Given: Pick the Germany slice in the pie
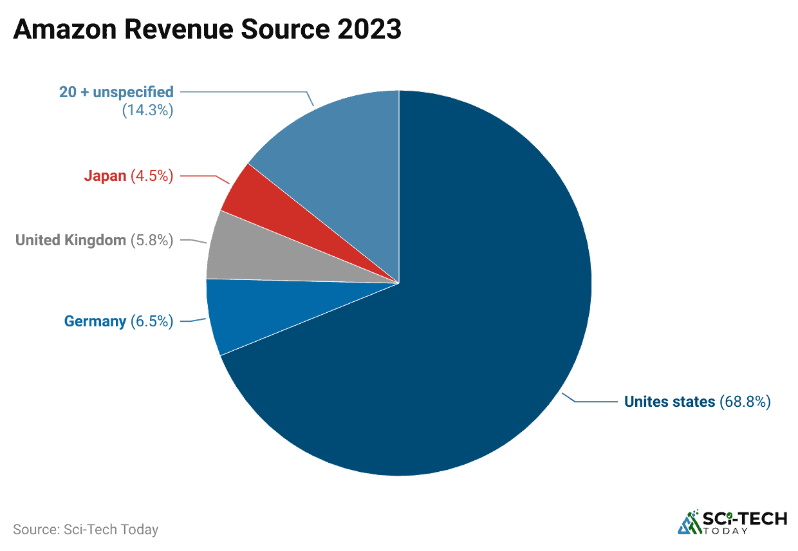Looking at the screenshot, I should tap(232, 315).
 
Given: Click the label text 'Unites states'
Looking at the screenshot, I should tap(669, 402).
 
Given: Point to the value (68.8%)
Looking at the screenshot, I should tap(745, 402).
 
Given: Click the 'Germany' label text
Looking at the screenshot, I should tap(95, 321).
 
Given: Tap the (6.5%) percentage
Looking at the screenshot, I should tap(152, 321).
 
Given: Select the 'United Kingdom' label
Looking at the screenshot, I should tap(71, 240).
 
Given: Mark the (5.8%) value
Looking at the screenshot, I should tap(152, 240).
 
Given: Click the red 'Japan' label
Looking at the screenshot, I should tap(105, 176).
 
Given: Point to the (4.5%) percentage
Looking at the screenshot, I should tap(152, 176).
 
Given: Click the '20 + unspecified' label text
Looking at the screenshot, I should tap(116, 92).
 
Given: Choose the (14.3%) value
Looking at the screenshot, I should tap(147, 110).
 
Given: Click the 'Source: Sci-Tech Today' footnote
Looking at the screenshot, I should tap(86, 530).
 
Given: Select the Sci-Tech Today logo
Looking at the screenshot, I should tap(732, 522).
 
